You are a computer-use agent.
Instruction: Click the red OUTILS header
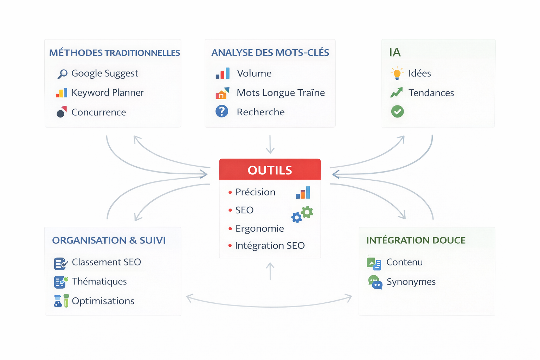pyautogui.click(x=270, y=170)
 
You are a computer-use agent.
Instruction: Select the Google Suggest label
pyautogui.click(x=104, y=73)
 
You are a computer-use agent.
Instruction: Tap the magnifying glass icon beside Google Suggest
pyautogui.click(x=62, y=74)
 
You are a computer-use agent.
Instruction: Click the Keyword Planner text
pyautogui.click(x=108, y=93)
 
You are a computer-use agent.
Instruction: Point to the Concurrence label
pyautogui.click(x=98, y=112)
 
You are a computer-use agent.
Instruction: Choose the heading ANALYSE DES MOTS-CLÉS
pyautogui.click(x=270, y=53)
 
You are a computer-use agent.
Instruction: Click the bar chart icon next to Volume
pyautogui.click(x=223, y=73)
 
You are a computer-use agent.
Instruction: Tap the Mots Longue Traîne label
pyautogui.click(x=281, y=93)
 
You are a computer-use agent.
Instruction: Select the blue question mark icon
pyautogui.click(x=222, y=111)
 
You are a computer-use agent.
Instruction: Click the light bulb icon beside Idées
pyautogui.click(x=397, y=73)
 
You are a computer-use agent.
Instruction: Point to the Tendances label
pyautogui.click(x=431, y=93)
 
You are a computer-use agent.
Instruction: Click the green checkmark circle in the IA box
pyautogui.click(x=397, y=112)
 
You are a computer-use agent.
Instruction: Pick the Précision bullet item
pyautogui.click(x=255, y=192)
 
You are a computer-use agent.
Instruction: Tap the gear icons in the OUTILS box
pyautogui.click(x=302, y=214)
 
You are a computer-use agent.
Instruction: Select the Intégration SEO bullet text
pyautogui.click(x=270, y=246)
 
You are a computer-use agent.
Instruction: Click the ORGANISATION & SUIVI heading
pyautogui.click(x=109, y=240)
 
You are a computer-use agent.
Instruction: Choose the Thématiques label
pyautogui.click(x=99, y=282)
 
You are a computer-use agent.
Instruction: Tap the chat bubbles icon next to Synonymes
pyautogui.click(x=375, y=282)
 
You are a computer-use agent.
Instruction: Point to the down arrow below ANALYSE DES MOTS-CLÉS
pyautogui.click(x=270, y=144)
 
